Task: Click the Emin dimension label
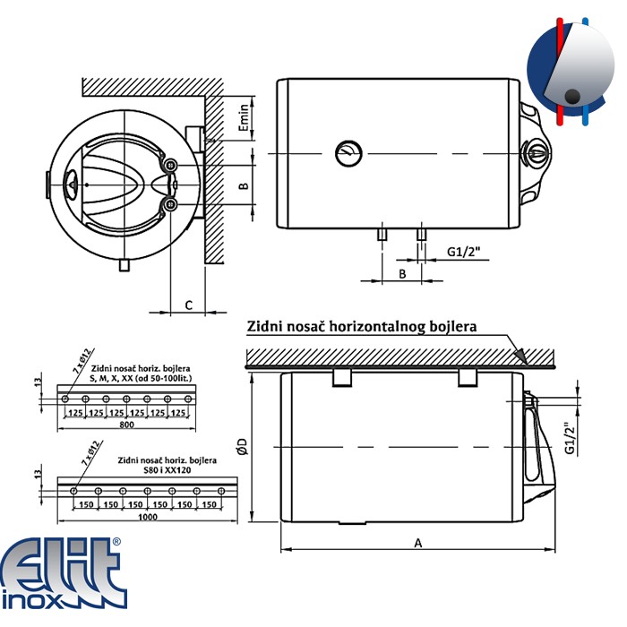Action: coord(244,117)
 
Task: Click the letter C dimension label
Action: coord(189,305)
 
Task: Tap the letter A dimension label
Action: coord(418,543)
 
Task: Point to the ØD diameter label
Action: coord(243,447)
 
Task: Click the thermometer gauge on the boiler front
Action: coord(348,153)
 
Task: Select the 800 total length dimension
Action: coord(127,425)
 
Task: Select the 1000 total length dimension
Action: coord(148,517)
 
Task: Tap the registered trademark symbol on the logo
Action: coord(116,542)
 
